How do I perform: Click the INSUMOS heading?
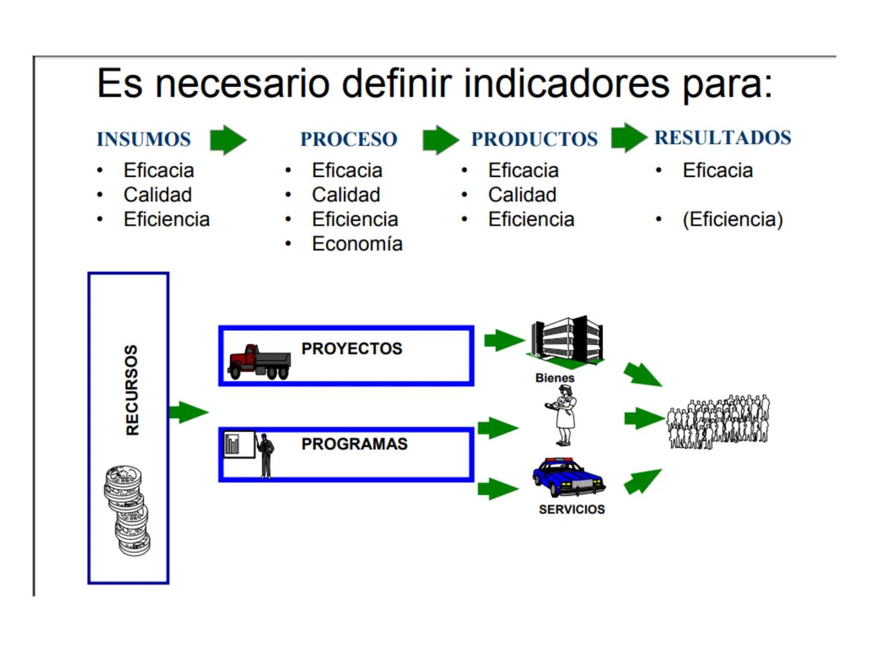[x=144, y=139]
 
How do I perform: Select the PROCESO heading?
[x=349, y=139]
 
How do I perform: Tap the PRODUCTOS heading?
[x=534, y=139]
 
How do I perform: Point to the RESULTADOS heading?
[x=722, y=138]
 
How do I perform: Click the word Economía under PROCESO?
[x=357, y=244]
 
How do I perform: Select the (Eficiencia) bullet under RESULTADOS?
[x=733, y=220]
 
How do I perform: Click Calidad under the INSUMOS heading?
[x=158, y=195]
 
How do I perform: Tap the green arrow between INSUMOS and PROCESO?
[x=228, y=140]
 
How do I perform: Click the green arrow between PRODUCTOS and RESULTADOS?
[x=628, y=138]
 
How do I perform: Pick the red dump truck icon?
[x=259, y=362]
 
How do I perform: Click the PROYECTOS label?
[x=352, y=349]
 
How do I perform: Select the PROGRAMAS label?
[x=354, y=444]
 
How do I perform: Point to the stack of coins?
[x=127, y=510]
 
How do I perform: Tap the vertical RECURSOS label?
[x=132, y=390]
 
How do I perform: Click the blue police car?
[x=568, y=477]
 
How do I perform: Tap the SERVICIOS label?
[x=571, y=510]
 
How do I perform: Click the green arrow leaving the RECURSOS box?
[x=188, y=412]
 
